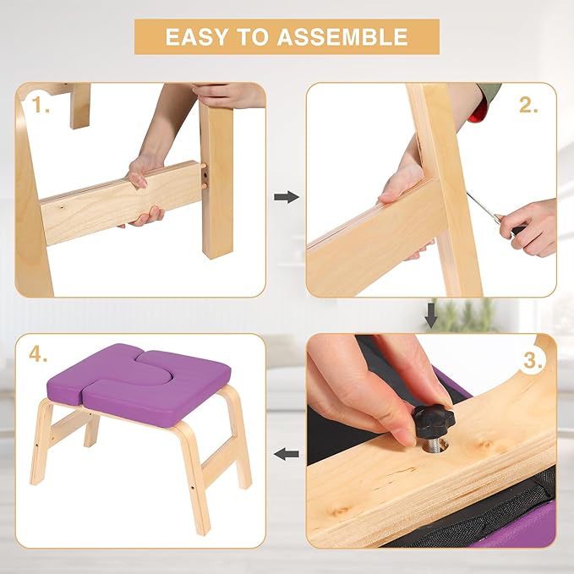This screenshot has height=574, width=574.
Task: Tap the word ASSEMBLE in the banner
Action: click(x=342, y=37)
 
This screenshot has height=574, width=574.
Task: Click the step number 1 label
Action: click(x=40, y=105)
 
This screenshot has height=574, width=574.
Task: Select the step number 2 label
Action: click(x=528, y=105)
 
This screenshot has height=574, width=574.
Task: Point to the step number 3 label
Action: click(x=533, y=361)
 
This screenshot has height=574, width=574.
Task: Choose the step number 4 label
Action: click(x=38, y=353)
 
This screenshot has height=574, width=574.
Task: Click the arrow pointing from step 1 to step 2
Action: click(x=287, y=197)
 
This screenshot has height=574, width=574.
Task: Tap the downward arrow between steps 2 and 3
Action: click(x=431, y=315)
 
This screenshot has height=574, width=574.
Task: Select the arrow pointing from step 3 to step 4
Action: click(x=287, y=455)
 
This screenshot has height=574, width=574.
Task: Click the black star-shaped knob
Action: click(x=434, y=421)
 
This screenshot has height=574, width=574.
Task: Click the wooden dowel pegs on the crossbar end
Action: click(x=204, y=176)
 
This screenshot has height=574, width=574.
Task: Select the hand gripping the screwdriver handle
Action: click(x=530, y=227)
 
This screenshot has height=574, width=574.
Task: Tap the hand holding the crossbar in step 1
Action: click(x=145, y=190)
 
